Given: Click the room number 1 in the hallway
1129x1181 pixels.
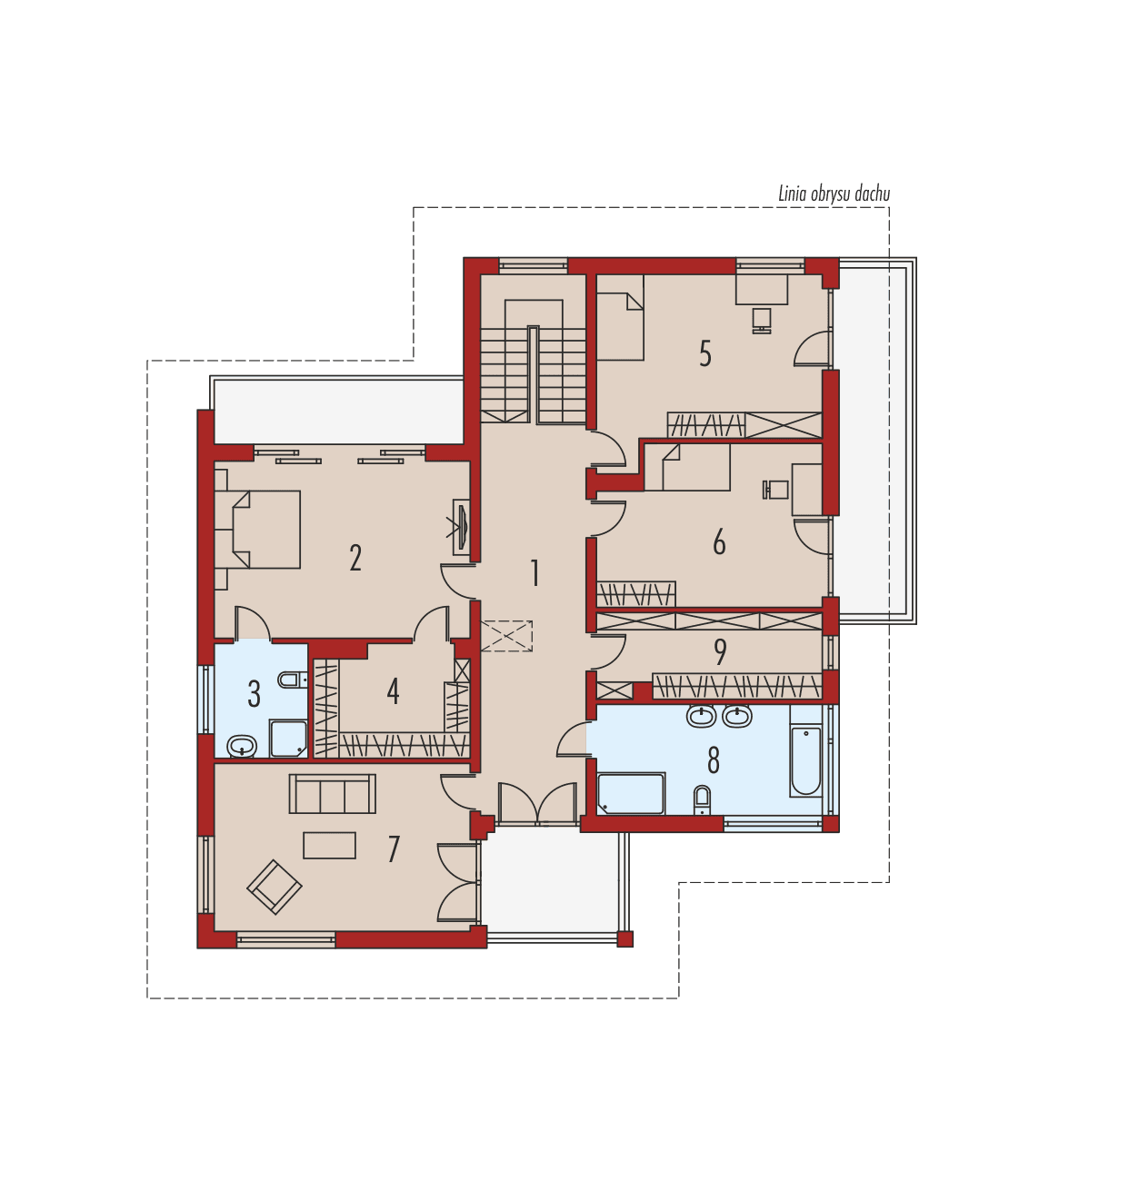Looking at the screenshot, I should click(535, 573).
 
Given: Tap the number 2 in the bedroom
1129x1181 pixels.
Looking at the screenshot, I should click(355, 558).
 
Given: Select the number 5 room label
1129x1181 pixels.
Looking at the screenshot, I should click(705, 353).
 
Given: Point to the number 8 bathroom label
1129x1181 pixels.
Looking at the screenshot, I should click(714, 760).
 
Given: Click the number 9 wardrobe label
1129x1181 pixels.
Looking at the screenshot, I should click(720, 651).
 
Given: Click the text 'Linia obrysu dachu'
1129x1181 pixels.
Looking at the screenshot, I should click(834, 194).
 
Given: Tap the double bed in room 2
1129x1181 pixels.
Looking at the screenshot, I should click(265, 530).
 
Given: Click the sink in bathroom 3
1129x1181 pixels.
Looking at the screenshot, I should click(241, 747).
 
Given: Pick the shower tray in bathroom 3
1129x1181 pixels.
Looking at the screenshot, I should click(288, 739).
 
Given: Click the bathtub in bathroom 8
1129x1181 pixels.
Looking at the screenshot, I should click(805, 760).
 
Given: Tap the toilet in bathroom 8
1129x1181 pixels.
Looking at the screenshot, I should click(703, 799).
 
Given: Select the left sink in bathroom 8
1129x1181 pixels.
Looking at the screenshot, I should click(700, 717).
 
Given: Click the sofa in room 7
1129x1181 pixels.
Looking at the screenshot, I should click(332, 795).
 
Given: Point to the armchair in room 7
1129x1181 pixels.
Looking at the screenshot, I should click(275, 886).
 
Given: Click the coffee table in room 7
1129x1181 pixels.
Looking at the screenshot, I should click(329, 845).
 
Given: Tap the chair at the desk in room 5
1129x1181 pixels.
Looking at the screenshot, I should click(761, 320).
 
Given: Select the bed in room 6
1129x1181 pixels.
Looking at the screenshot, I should click(695, 470).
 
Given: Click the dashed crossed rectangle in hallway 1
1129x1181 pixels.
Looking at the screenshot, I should click(506, 635).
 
